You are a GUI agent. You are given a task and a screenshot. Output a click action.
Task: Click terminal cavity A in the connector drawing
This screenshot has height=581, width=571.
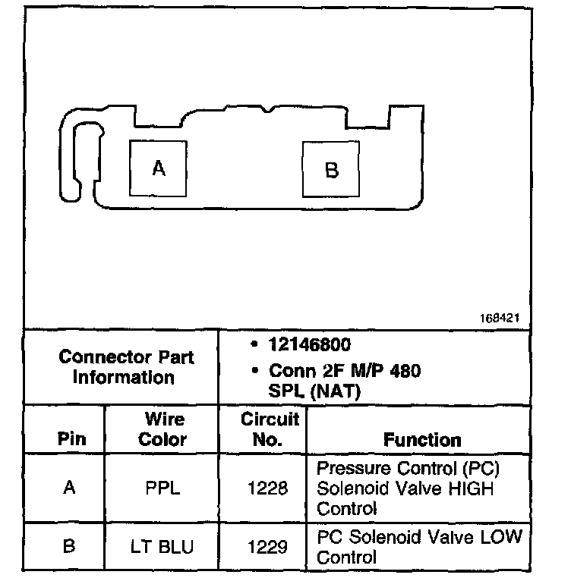[158, 168]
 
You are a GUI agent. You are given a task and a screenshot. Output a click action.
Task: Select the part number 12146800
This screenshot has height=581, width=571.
[309, 346]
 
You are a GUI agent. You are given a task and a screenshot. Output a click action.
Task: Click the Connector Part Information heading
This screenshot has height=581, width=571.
[126, 366]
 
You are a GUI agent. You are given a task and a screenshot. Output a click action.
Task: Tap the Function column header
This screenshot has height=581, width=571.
[421, 440]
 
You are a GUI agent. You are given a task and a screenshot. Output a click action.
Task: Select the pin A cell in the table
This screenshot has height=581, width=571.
[70, 488]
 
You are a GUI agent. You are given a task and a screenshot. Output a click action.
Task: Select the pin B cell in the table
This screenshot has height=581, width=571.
[69, 546]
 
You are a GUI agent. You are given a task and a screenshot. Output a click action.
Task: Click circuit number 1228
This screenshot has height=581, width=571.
[268, 488]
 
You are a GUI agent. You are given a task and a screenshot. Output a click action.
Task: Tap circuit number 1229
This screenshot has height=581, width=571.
[268, 546]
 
